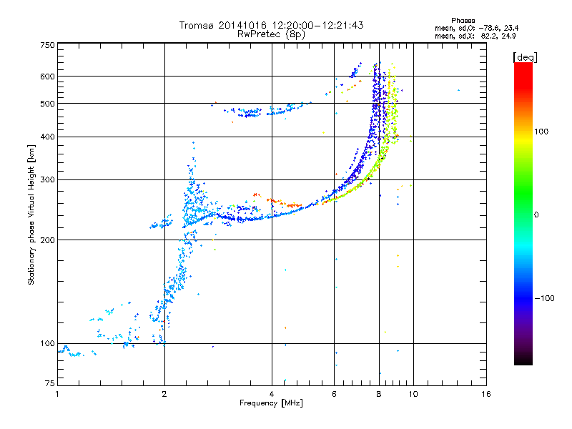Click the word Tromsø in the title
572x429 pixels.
coord(197,25)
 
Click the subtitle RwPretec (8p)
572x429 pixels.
coord(271,34)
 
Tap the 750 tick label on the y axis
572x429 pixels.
coord(48,45)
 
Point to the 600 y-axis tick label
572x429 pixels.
coord(48,77)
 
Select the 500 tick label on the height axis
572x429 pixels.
coord(48,104)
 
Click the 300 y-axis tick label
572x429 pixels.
coord(48,179)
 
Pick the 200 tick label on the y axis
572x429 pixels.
coord(48,240)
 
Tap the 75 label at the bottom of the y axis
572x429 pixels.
coord(50,383)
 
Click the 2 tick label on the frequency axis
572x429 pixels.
coord(164,394)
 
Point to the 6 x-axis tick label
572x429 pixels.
coord(334,394)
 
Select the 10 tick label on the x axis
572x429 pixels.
coord(413,394)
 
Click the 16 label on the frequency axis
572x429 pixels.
coord(486,394)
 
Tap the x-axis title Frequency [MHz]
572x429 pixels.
coord(272,403)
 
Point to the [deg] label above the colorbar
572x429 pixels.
coord(525,57)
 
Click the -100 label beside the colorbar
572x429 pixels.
coord(544,298)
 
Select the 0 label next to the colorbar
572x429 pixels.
coord(536,215)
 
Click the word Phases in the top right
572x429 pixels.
coord(463,21)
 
